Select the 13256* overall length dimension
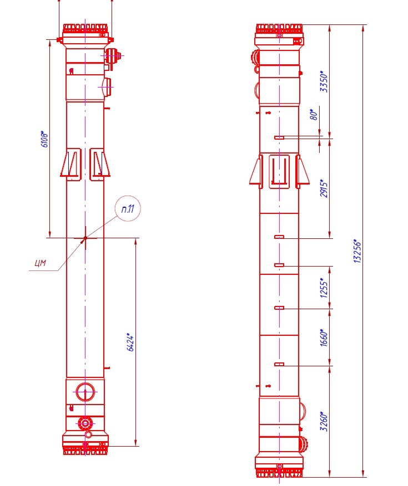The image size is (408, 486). [x=358, y=251]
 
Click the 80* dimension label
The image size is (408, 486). [x=314, y=115]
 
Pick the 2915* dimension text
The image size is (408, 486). [x=325, y=188]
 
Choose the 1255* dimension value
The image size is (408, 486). [x=325, y=288]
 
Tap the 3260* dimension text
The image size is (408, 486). [x=325, y=421]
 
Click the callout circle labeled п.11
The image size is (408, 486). [x=128, y=209]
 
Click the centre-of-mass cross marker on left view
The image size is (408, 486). [x=85, y=239]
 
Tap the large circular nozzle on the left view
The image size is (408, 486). [x=84, y=392]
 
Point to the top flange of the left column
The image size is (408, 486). [x=85, y=28]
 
